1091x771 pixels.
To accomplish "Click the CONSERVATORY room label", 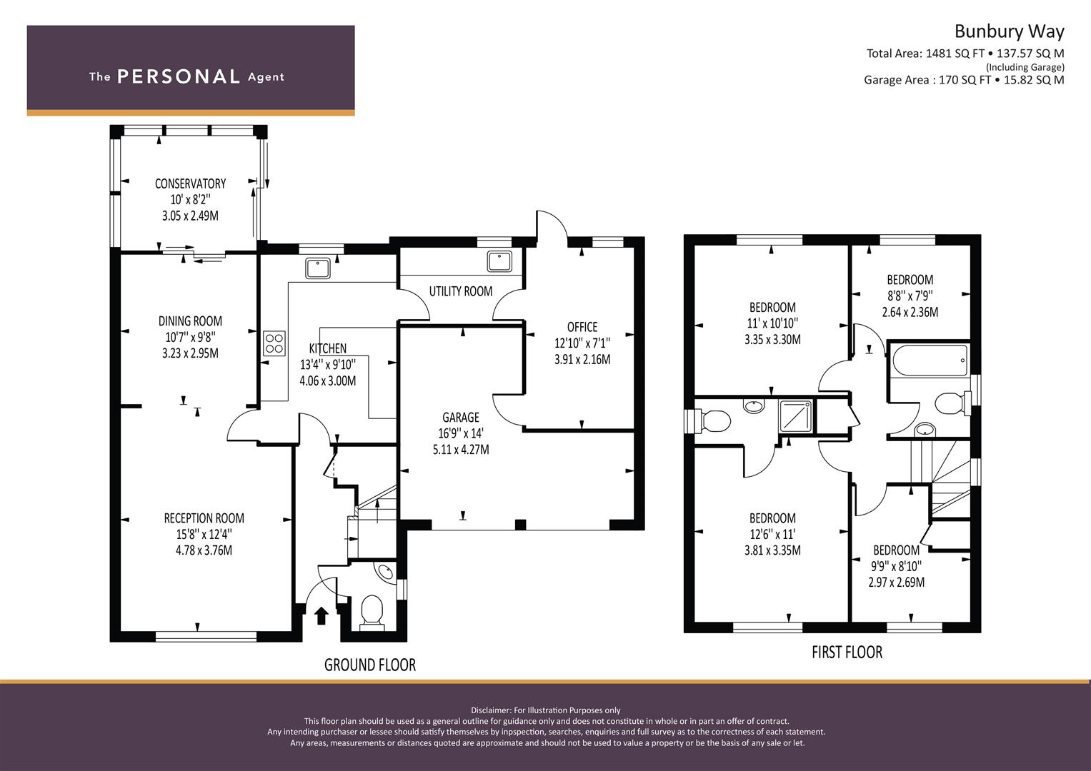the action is coord(190,183).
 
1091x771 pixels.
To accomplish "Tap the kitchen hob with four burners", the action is coord(274,343).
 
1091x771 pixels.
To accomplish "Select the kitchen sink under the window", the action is coord(317,268).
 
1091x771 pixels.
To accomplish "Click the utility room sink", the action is coord(499,261).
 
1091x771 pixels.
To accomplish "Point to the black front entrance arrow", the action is coord(321,615).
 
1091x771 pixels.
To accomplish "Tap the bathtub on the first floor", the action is coord(930,361).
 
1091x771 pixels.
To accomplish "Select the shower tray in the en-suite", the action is coord(796,415).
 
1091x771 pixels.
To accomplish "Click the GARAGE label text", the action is coord(460,417).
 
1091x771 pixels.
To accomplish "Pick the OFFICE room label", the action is coord(582,327).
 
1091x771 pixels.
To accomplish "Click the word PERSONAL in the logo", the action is coord(179,76).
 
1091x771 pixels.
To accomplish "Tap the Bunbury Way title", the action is coord(1009,31).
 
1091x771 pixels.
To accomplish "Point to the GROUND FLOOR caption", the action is coord(370,665).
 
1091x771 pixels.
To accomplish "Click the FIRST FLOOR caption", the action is coord(847,652).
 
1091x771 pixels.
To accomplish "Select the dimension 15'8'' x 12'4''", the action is coord(204,535).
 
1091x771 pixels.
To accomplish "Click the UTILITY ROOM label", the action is coord(461,291).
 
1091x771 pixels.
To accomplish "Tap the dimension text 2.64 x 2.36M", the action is coord(910,312).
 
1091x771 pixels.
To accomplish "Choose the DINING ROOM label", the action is coord(190,321).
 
